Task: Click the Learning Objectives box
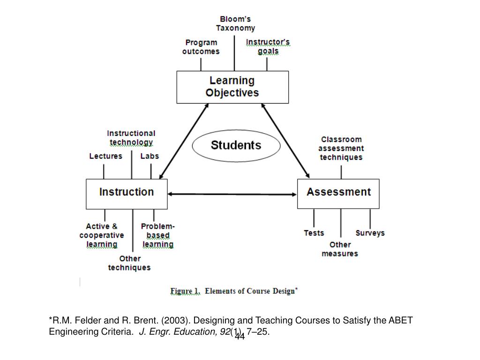click(232, 87)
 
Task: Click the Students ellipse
click(236, 145)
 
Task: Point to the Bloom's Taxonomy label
click(235, 23)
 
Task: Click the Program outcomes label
click(201, 47)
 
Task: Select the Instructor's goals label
click(268, 46)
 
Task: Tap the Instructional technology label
click(131, 138)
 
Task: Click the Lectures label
click(105, 156)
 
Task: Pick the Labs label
click(150, 156)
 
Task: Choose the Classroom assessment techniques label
click(341, 148)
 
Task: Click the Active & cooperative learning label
click(102, 235)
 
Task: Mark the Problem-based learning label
click(158, 235)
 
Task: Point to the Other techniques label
click(129, 263)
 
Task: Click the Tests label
click(314, 233)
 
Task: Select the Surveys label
click(370, 233)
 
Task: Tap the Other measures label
click(340, 249)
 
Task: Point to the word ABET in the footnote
click(401, 321)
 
